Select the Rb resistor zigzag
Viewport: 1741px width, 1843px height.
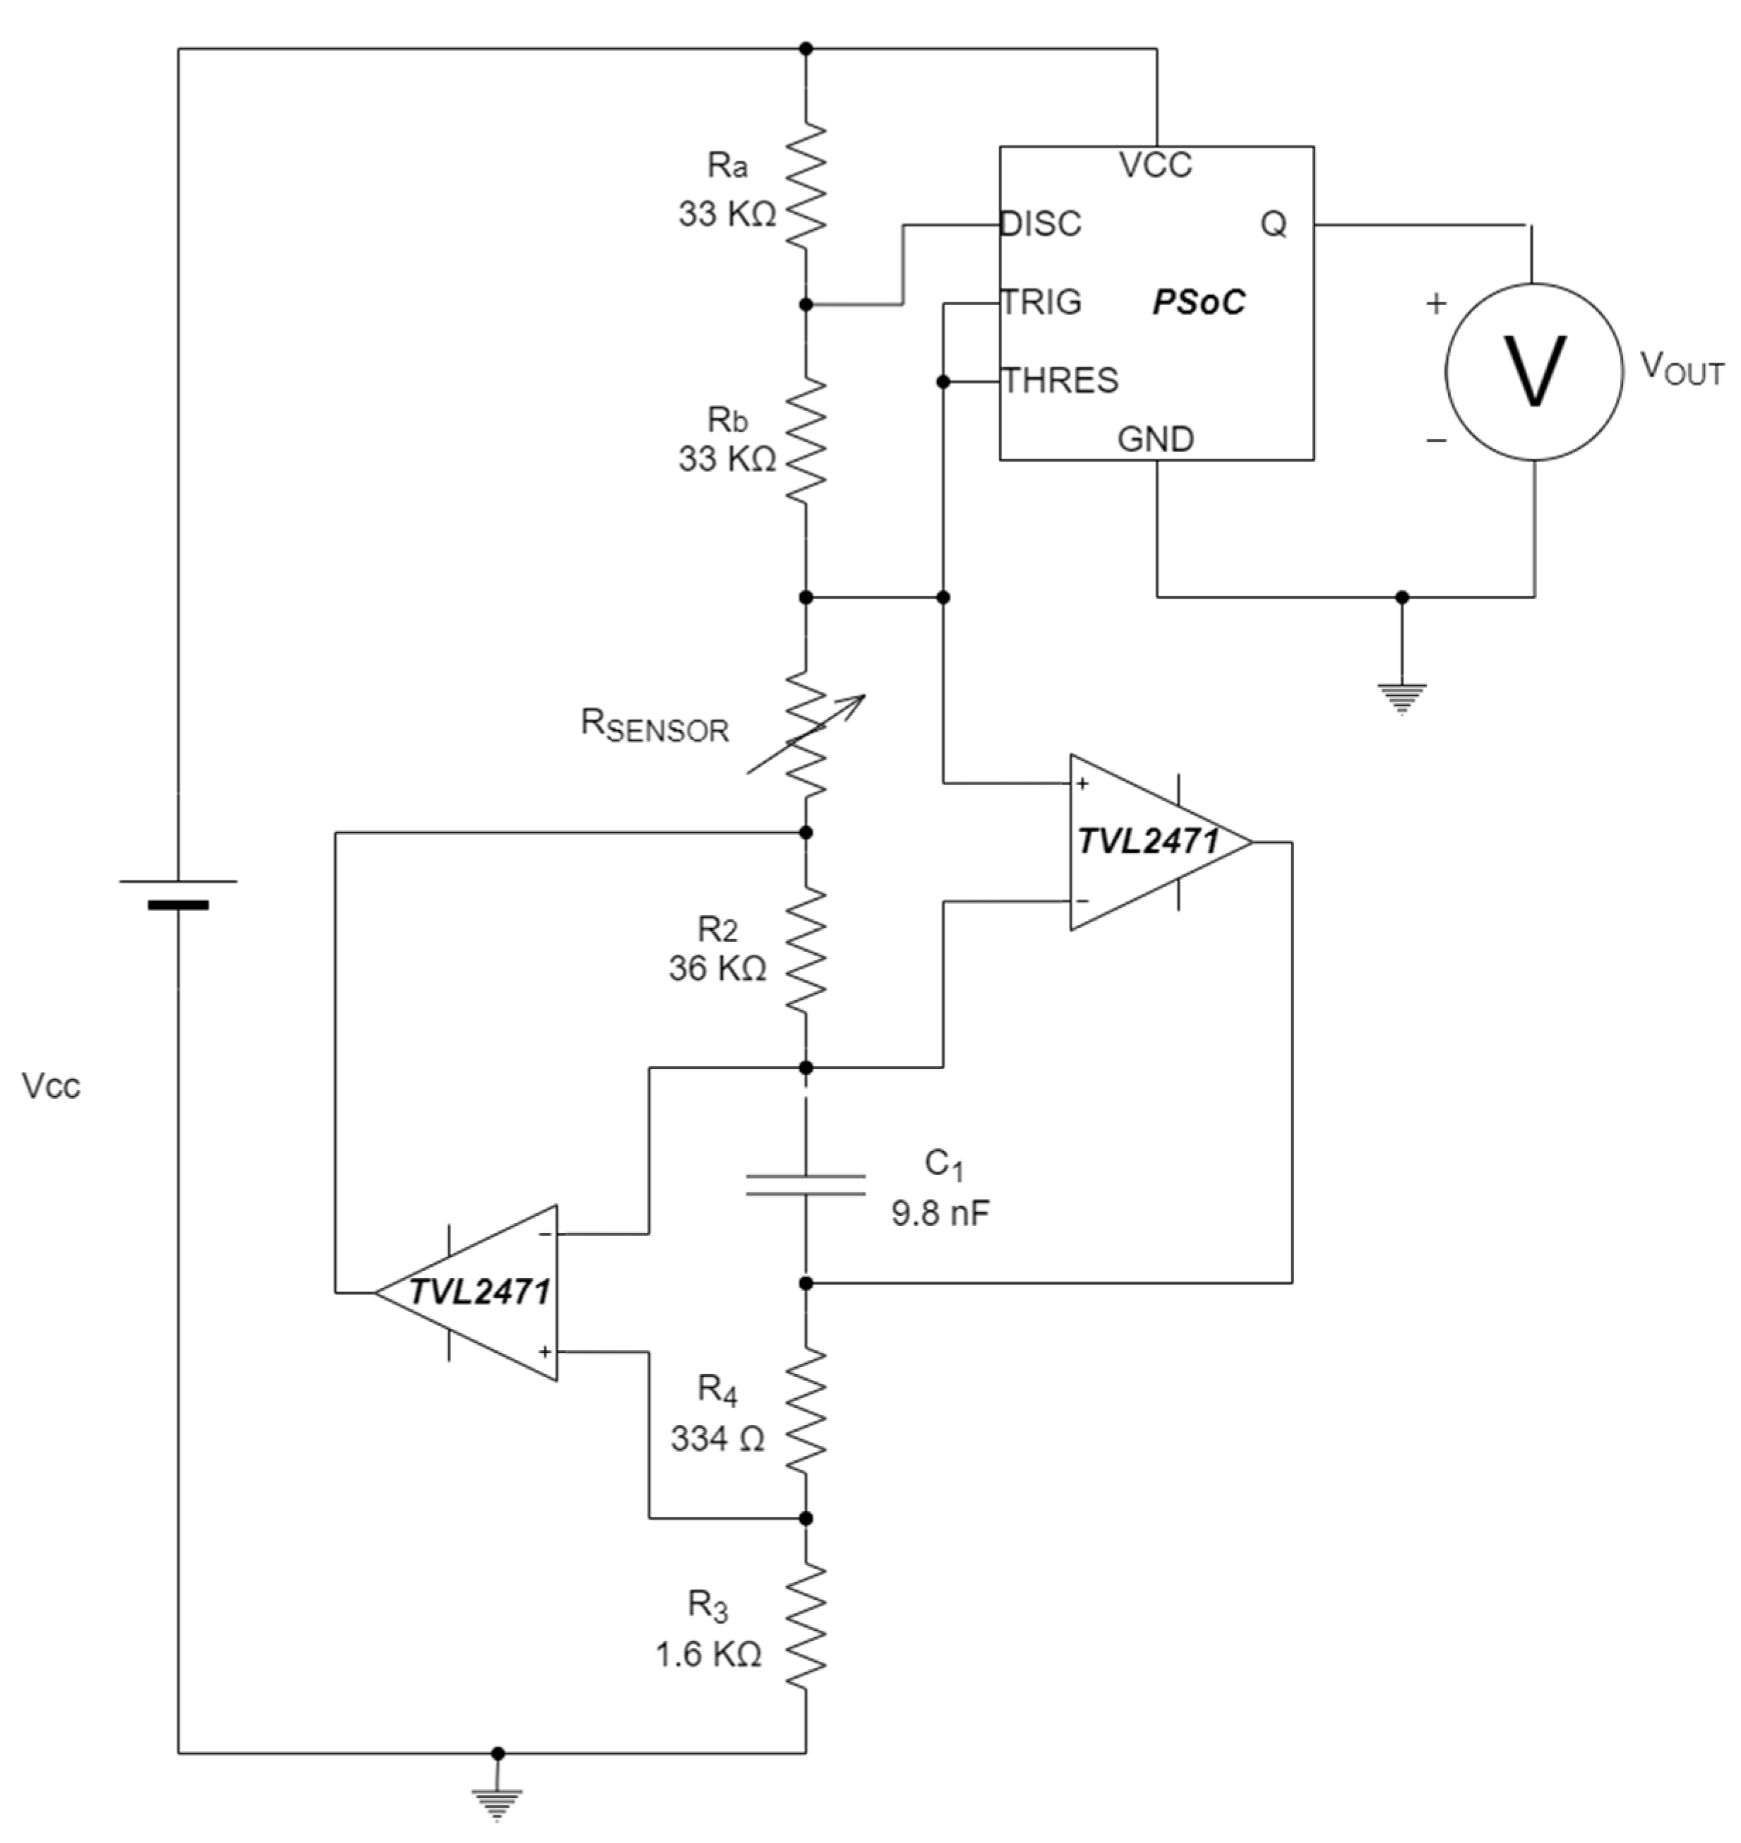coord(806,440)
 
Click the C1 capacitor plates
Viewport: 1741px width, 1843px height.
coord(806,1184)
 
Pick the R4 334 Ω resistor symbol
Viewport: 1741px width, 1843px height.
coord(806,1409)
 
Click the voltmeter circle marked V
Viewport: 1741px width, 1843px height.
coord(1533,371)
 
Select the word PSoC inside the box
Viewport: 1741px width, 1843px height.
coord(1198,302)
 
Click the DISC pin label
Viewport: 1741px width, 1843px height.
coord(1041,224)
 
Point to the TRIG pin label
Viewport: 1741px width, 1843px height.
coord(1041,302)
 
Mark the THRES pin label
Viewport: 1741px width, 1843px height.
coord(1060,381)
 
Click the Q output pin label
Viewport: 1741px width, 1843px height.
coord(1273,224)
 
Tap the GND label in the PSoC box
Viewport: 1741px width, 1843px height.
coord(1156,438)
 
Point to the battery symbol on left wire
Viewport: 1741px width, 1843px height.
coord(178,892)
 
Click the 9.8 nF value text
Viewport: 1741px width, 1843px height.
coord(940,1213)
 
